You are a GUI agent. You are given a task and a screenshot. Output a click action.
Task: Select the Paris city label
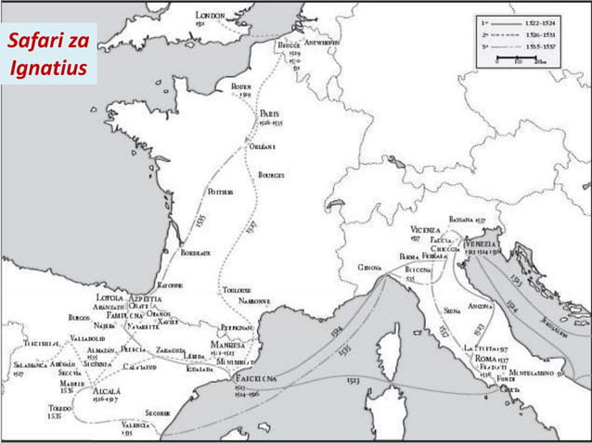[x=270, y=113]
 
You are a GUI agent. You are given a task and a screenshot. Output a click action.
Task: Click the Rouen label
[x=241, y=85]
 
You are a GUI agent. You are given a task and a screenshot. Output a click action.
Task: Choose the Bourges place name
[x=271, y=174]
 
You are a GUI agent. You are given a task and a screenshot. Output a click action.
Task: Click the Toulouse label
[x=238, y=290]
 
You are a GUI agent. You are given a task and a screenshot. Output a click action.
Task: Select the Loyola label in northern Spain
[x=109, y=297]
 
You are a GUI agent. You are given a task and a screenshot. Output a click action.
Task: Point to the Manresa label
[x=228, y=344]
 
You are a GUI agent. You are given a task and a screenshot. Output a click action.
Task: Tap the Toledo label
[x=60, y=406]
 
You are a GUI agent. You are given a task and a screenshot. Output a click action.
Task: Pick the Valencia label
[x=135, y=424]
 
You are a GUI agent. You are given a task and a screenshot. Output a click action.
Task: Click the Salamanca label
[x=23, y=365]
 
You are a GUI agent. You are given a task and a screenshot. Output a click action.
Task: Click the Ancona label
[x=481, y=305]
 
